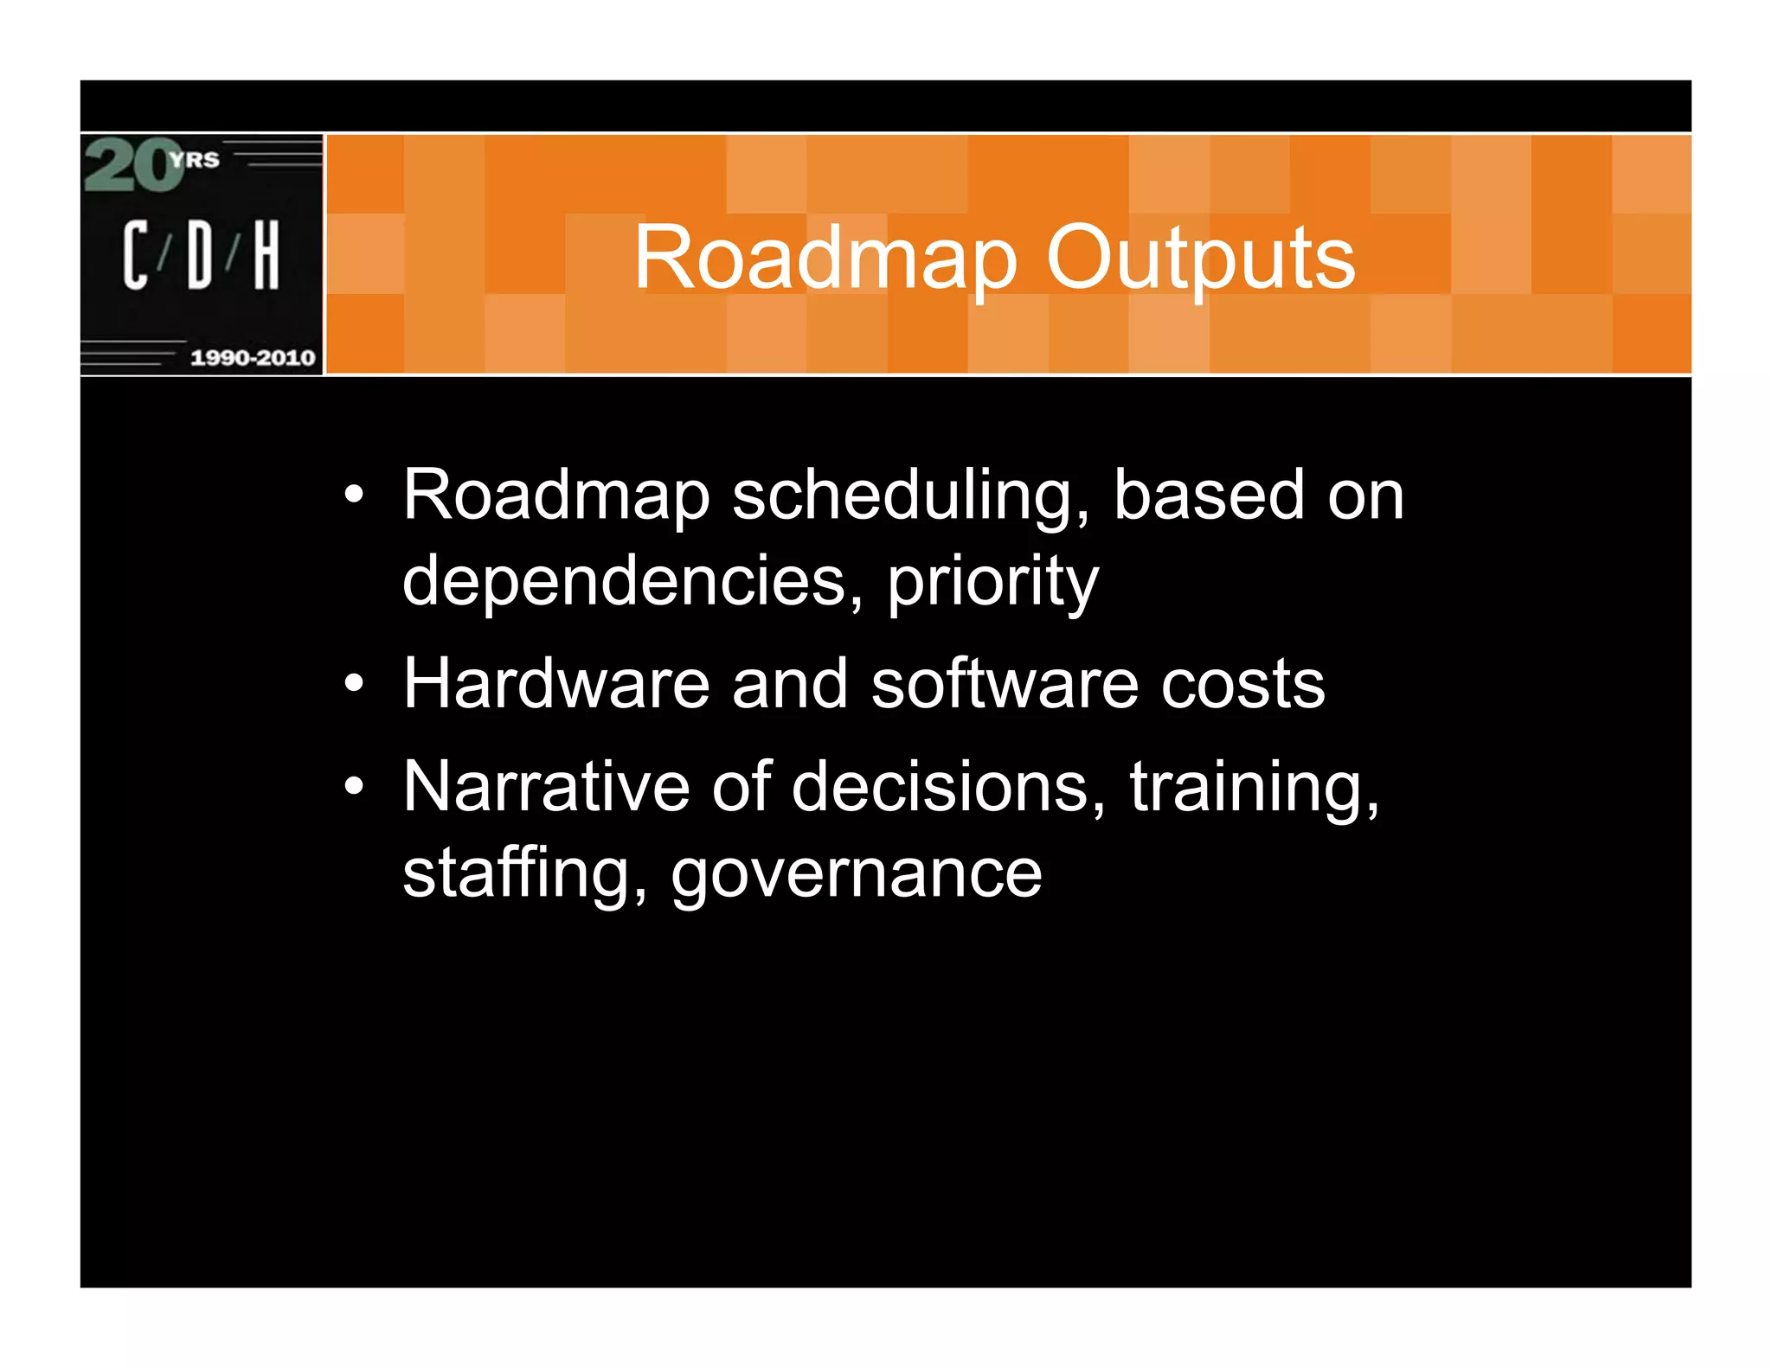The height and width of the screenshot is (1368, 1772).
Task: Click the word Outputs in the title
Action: (1200, 258)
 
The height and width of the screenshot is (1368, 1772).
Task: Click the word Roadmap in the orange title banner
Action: (825, 258)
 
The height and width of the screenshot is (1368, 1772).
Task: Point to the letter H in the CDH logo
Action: (266, 254)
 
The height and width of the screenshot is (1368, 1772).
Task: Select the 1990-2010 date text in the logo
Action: (252, 357)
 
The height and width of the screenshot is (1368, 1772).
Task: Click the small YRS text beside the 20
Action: (196, 159)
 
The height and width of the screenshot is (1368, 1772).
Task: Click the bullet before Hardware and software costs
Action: (354, 684)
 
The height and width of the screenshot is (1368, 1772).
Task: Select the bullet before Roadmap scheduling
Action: (354, 495)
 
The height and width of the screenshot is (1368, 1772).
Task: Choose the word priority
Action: (992, 581)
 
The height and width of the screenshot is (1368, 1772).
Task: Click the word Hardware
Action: (556, 684)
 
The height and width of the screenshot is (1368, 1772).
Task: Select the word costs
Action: (1242, 684)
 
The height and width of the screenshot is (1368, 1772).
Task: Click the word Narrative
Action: (546, 787)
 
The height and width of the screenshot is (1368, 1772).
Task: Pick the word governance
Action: (857, 873)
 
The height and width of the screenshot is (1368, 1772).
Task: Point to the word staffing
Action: (524, 873)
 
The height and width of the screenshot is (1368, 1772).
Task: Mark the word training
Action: (1254, 787)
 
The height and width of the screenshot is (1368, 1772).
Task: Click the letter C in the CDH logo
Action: (135, 254)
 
